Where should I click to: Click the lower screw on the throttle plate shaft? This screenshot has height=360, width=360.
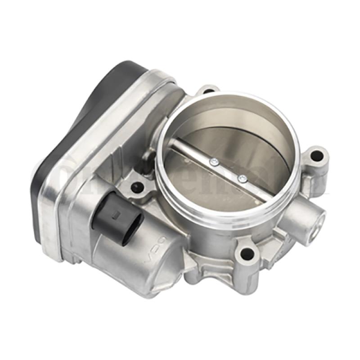[x=242, y=178]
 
